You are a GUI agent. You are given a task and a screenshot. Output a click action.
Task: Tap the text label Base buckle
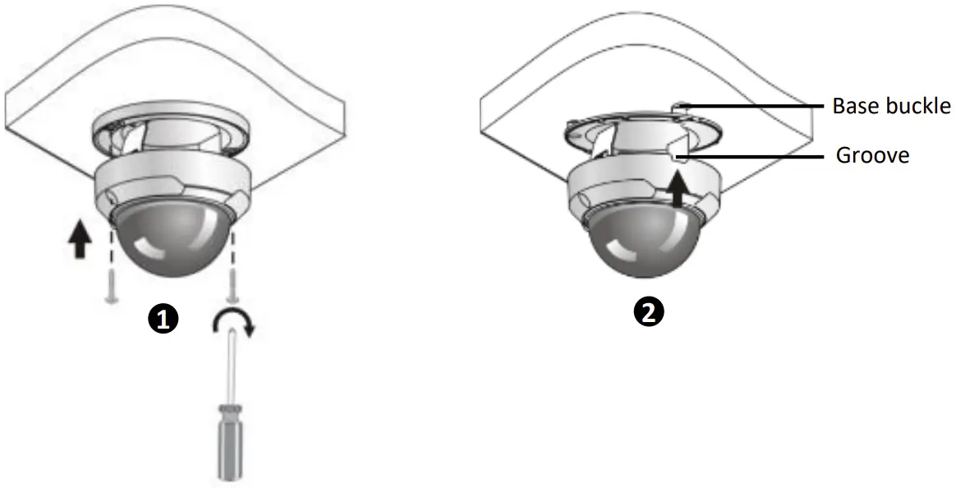click(890, 106)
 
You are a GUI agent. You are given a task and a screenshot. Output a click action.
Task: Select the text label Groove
click(872, 154)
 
